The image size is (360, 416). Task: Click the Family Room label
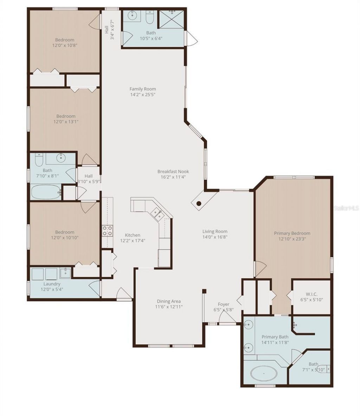point(143,89)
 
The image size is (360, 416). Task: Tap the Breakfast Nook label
point(173,171)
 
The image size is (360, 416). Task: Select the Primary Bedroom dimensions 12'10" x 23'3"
point(292,239)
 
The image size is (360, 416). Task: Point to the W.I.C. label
point(311,294)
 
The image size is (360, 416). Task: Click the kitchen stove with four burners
point(107,231)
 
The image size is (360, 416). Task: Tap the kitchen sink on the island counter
point(156,214)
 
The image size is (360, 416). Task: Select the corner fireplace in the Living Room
point(199,203)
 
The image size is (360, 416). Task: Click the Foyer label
point(224,304)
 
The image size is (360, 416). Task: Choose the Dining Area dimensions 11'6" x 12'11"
point(169,307)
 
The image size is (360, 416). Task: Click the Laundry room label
point(52,284)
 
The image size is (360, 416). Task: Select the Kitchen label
point(133,235)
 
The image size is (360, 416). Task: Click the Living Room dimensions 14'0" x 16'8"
point(215,237)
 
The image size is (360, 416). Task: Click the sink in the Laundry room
point(65,272)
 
